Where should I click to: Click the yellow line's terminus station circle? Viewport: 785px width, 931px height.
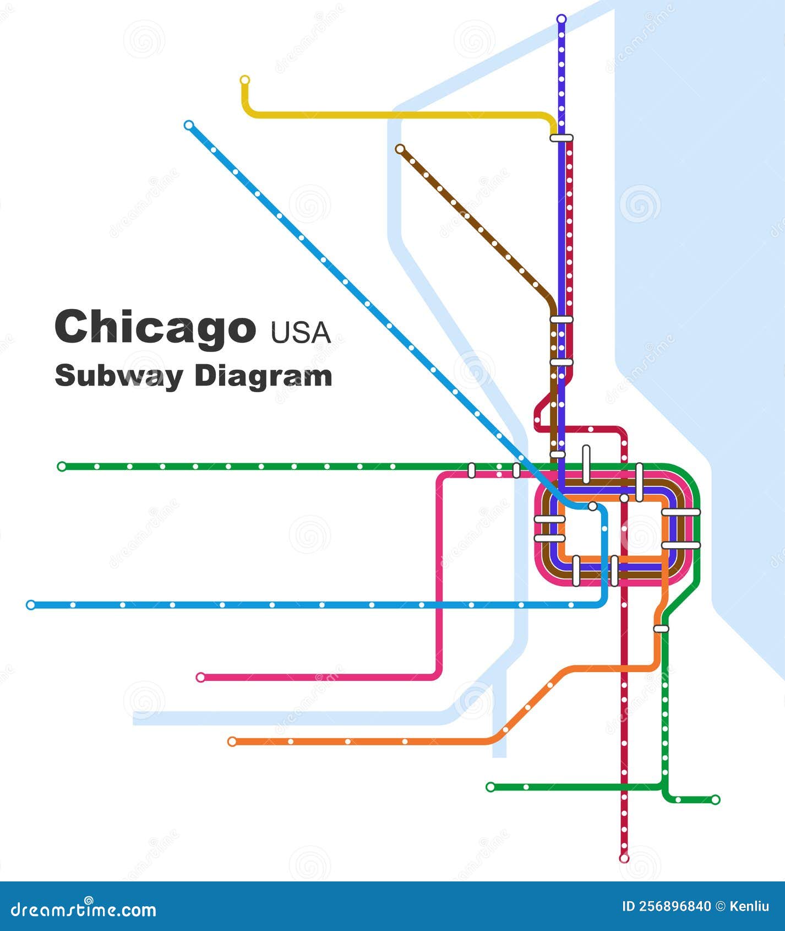[245, 80]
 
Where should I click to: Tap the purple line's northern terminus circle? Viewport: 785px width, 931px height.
[562, 19]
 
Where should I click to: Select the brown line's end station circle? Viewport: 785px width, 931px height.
[400, 149]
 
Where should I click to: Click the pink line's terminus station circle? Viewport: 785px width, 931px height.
[200, 677]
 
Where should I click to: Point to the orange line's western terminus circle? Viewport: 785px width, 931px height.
[232, 741]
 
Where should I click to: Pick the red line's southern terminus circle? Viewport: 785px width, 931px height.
[624, 873]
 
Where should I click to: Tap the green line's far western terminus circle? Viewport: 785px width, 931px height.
[62, 467]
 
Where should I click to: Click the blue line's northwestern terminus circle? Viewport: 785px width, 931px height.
[189, 125]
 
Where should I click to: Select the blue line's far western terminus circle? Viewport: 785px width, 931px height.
[31, 605]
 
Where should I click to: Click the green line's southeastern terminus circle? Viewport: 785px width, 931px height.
[715, 799]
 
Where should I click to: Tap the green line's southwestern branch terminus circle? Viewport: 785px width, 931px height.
[490, 787]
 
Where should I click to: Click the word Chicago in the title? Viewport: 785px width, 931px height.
[155, 327]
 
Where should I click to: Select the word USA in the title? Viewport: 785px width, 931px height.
[301, 332]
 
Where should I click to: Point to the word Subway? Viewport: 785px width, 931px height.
[119, 377]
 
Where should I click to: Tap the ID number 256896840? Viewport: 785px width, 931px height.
[666, 906]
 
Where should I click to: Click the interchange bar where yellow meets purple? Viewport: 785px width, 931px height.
[562, 138]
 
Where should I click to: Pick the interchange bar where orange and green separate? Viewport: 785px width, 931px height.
[661, 629]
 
